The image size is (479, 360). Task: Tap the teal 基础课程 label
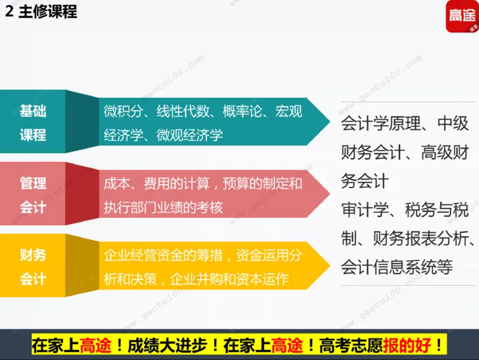(x=33, y=123)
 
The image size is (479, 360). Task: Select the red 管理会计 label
(x=33, y=195)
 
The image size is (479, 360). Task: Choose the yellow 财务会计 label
(x=33, y=267)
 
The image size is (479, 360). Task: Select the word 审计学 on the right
(x=360, y=210)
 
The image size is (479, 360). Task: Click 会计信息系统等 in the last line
(x=397, y=267)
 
